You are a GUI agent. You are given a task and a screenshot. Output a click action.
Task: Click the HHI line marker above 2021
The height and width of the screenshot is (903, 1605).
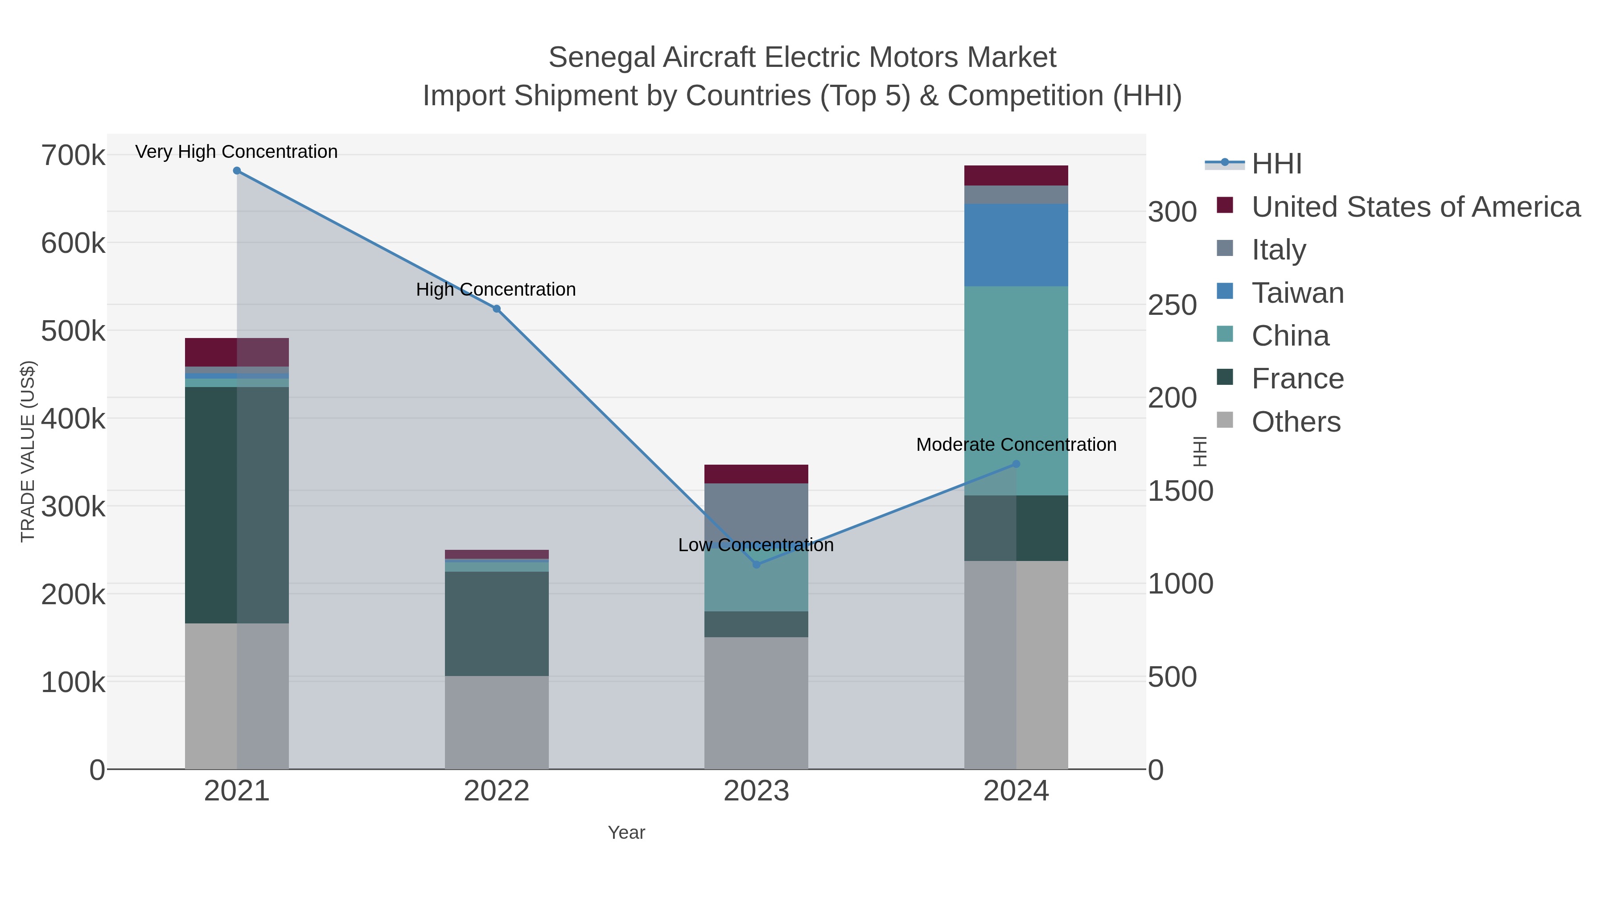pyautogui.click(x=237, y=171)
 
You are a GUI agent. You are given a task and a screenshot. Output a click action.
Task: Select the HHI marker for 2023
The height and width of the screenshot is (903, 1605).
pyautogui.click(x=757, y=565)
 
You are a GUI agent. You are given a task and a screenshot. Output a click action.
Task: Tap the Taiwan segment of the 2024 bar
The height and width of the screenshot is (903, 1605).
pyautogui.click(x=1016, y=245)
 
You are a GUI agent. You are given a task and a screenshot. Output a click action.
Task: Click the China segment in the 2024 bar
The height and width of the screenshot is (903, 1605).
pyautogui.click(x=1016, y=391)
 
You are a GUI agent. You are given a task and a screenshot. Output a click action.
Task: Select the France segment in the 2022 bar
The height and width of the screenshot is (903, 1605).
pyautogui.click(x=497, y=624)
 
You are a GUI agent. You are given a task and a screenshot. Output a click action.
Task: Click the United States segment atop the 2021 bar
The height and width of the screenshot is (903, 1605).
pyautogui.click(x=237, y=352)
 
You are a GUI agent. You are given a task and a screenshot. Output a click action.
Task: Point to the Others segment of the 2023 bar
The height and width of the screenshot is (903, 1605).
pyautogui.click(x=757, y=703)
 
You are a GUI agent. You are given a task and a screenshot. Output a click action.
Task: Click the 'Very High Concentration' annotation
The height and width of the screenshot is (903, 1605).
pyautogui.click(x=237, y=152)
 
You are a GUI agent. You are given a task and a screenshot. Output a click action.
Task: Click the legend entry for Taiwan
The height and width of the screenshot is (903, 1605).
pyautogui.click(x=1297, y=293)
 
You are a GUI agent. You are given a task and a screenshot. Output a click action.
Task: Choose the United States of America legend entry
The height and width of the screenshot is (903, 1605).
pyautogui.click(x=1416, y=207)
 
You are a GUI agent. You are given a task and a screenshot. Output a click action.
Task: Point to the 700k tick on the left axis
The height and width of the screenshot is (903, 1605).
pyautogui.click(x=73, y=155)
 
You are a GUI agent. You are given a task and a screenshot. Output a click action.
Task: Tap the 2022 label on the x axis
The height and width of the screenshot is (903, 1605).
pyautogui.click(x=497, y=792)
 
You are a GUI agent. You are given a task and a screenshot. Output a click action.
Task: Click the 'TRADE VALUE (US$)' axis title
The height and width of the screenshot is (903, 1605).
pyautogui.click(x=28, y=451)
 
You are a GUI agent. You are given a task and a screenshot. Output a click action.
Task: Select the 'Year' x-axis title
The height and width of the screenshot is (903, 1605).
pyautogui.click(x=626, y=833)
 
